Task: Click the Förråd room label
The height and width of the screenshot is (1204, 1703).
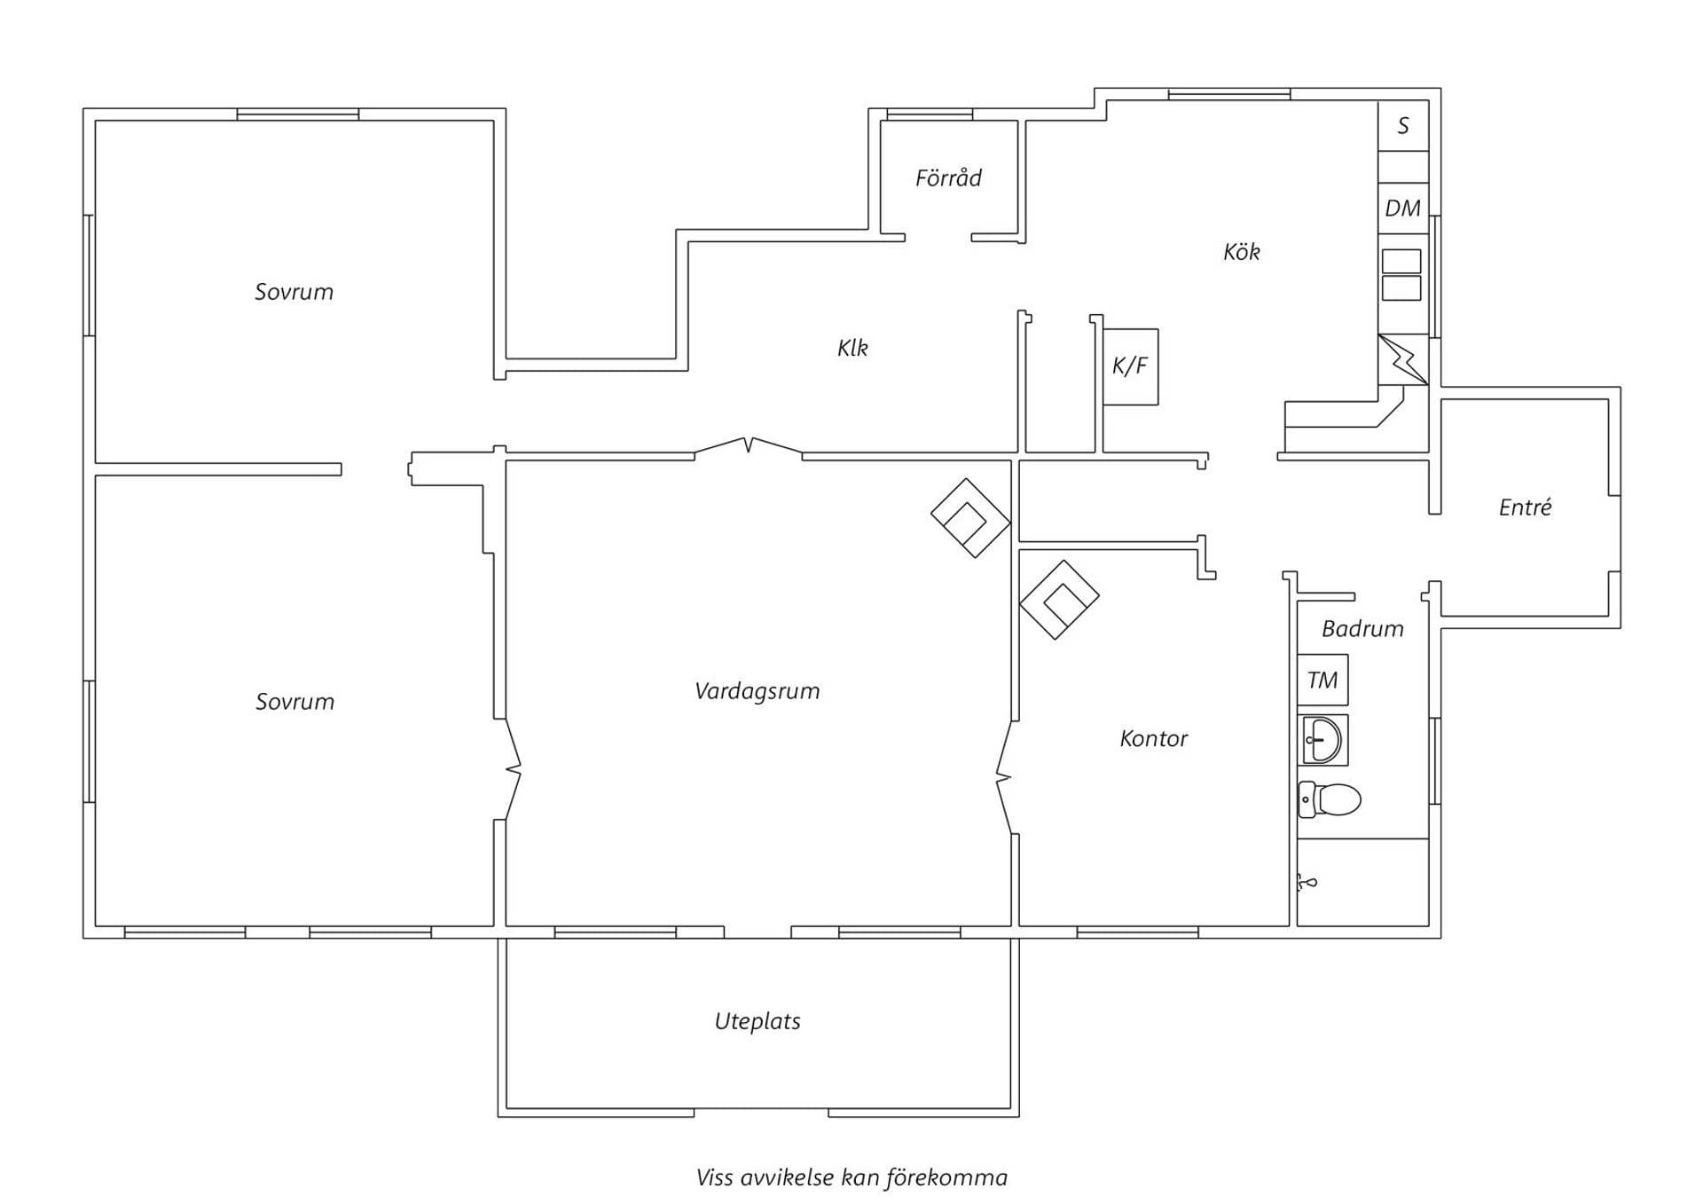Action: point(948,178)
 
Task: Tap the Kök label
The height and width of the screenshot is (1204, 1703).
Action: point(1241,252)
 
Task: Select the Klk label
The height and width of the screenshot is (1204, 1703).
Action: point(852,348)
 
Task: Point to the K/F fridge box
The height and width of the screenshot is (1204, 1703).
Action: point(1130,366)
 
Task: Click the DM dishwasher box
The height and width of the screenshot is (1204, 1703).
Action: point(1403,209)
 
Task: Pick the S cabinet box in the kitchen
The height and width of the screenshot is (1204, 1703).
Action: point(1403,126)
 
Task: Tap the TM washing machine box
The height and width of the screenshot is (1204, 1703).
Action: point(1322,681)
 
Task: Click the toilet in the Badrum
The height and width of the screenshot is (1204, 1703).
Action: point(1329,799)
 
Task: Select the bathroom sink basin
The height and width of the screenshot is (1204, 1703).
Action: point(1322,740)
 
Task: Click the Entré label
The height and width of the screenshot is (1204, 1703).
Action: point(1525,508)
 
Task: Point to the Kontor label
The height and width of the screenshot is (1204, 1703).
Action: point(1153,738)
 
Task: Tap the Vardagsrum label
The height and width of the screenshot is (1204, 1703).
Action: point(757,691)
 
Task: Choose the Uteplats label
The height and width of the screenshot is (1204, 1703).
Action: point(757,1021)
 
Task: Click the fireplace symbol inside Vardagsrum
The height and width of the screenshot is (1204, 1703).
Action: point(970,518)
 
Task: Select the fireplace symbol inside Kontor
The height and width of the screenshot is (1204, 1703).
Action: point(1059,600)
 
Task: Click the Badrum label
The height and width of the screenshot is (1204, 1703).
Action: point(1362,629)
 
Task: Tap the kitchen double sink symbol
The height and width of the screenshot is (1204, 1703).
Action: point(1401,275)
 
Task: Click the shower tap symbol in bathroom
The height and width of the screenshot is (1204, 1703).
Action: point(1307,883)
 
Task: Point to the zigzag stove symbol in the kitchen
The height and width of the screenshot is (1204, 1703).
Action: point(1403,359)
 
